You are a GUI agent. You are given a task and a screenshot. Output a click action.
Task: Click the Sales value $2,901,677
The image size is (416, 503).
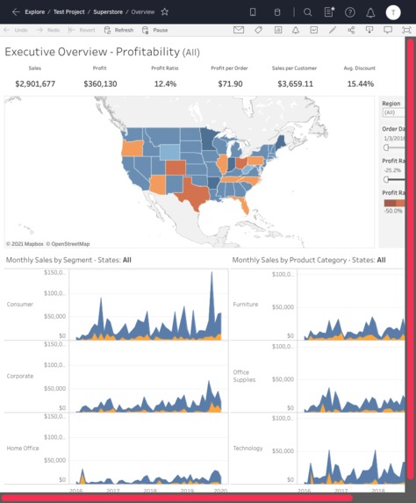(x=35, y=84)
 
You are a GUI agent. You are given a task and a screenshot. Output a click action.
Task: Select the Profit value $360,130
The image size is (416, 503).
(x=100, y=84)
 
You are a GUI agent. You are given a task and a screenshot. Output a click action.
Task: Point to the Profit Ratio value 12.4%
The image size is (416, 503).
(x=165, y=84)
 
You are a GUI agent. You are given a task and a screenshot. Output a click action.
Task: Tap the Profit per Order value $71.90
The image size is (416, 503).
(x=230, y=84)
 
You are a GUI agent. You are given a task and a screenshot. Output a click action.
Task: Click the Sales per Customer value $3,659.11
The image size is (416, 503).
(x=295, y=84)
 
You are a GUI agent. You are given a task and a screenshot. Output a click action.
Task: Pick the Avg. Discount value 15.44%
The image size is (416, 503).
(x=360, y=84)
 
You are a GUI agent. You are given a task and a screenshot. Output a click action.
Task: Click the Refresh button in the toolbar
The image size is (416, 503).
(x=119, y=30)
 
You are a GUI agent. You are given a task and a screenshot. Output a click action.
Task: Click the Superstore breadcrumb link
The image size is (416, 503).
(x=108, y=12)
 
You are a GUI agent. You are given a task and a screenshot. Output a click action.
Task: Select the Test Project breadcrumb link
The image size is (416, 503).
(x=69, y=12)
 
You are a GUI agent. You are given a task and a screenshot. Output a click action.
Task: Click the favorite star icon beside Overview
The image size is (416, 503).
(x=164, y=12)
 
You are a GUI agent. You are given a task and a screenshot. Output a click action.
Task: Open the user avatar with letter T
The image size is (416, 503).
(x=393, y=12)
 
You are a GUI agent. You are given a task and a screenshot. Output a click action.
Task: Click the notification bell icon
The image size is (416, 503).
(x=370, y=12)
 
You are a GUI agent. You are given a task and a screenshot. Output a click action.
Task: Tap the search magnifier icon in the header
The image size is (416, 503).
(x=307, y=12)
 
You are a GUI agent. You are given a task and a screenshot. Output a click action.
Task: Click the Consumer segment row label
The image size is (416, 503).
(x=20, y=305)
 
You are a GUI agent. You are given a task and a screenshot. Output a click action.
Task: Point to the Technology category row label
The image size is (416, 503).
(x=247, y=448)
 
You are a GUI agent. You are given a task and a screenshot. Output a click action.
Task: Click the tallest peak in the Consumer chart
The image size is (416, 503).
(x=211, y=276)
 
